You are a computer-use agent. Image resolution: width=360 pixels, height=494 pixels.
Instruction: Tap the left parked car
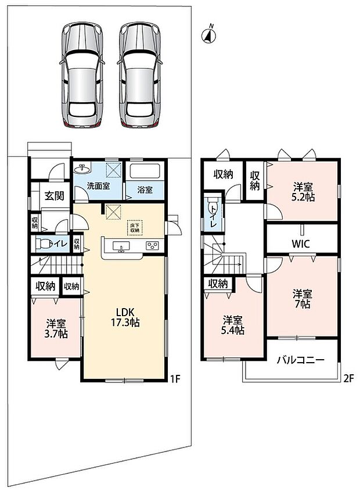coord(82,76)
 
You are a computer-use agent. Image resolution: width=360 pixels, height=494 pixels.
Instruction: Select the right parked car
coord(140,76)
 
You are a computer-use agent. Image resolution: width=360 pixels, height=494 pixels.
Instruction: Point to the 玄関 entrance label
coord(54,196)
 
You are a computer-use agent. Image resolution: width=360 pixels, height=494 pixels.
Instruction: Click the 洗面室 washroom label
coord(99,186)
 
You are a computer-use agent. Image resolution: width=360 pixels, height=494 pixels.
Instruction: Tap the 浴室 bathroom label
coord(145,190)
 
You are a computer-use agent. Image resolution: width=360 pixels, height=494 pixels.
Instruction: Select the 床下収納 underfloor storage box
coord(135,227)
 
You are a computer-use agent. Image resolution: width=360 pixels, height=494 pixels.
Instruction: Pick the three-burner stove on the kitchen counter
coord(153,246)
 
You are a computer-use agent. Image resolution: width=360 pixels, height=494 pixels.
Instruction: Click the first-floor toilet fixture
coord(44,244)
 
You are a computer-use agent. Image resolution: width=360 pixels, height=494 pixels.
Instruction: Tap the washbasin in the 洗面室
coord(82,169)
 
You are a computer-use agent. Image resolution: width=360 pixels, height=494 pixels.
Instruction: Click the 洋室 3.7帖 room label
coord(55,328)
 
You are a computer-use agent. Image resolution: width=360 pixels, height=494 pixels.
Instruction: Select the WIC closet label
coord(301,244)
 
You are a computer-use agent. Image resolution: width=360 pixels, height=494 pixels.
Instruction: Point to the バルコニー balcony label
coord(301,360)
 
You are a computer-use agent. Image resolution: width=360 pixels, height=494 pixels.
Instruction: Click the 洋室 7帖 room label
coord(302,299)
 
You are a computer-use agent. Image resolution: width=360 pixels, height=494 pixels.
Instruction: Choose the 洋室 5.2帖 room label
coord(304,192)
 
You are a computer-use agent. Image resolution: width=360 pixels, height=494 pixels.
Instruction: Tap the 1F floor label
coord(175,379)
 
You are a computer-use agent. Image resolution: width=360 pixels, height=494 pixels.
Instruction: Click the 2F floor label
coord(348,378)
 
